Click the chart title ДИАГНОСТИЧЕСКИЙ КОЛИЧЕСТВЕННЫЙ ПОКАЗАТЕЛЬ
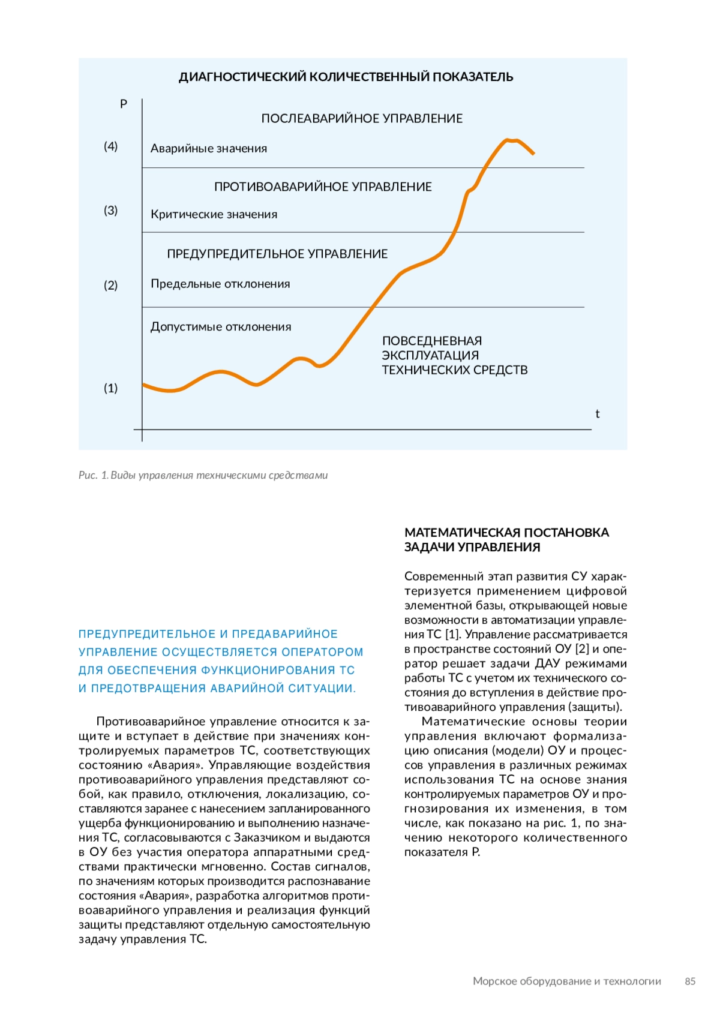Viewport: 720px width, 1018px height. [346, 77]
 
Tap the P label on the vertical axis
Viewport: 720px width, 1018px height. [124, 104]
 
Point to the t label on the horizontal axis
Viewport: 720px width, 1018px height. [597, 414]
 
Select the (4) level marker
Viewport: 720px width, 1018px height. [111, 146]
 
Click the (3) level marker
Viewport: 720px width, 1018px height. [111, 211]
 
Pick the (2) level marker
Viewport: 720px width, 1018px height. [111, 286]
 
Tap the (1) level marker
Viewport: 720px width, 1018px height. [111, 388]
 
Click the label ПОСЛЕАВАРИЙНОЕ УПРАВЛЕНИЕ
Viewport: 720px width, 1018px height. [362, 119]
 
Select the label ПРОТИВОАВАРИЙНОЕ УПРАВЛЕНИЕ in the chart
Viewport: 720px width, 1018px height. [323, 187]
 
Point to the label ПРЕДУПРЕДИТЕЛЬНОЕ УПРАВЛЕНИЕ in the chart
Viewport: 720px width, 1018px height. [277, 254]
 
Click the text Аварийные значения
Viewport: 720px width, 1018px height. [209, 149]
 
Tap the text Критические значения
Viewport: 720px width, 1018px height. [214, 215]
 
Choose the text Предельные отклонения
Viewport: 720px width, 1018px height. [220, 284]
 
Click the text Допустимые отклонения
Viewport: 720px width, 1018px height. [221, 327]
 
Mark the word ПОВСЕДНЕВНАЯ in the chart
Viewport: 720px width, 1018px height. [432, 341]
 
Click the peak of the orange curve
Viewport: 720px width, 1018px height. [508, 140]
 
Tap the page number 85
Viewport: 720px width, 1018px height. [690, 981]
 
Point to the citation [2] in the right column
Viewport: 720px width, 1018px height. [582, 649]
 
